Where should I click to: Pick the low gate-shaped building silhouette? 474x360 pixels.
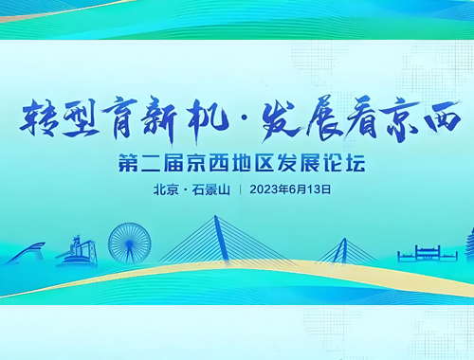pos(427,253)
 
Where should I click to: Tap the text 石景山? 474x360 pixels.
pos(211,189)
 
